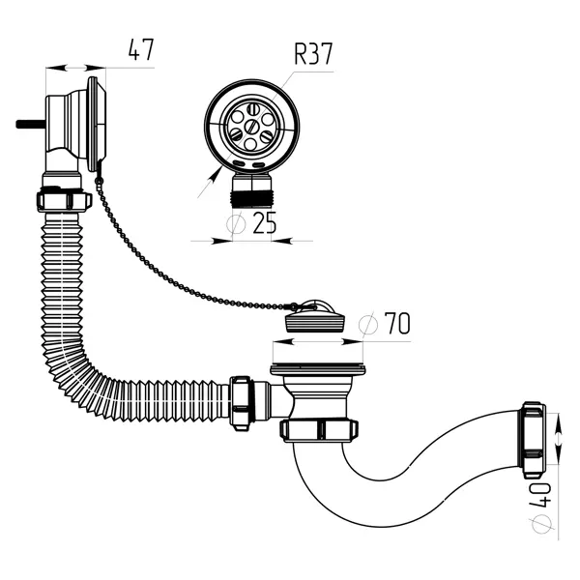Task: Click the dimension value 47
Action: coord(140,49)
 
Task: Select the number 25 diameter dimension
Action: coord(264,223)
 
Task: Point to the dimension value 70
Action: coord(397,323)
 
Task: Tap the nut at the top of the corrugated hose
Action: coord(63,200)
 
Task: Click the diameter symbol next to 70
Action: coord(367,325)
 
